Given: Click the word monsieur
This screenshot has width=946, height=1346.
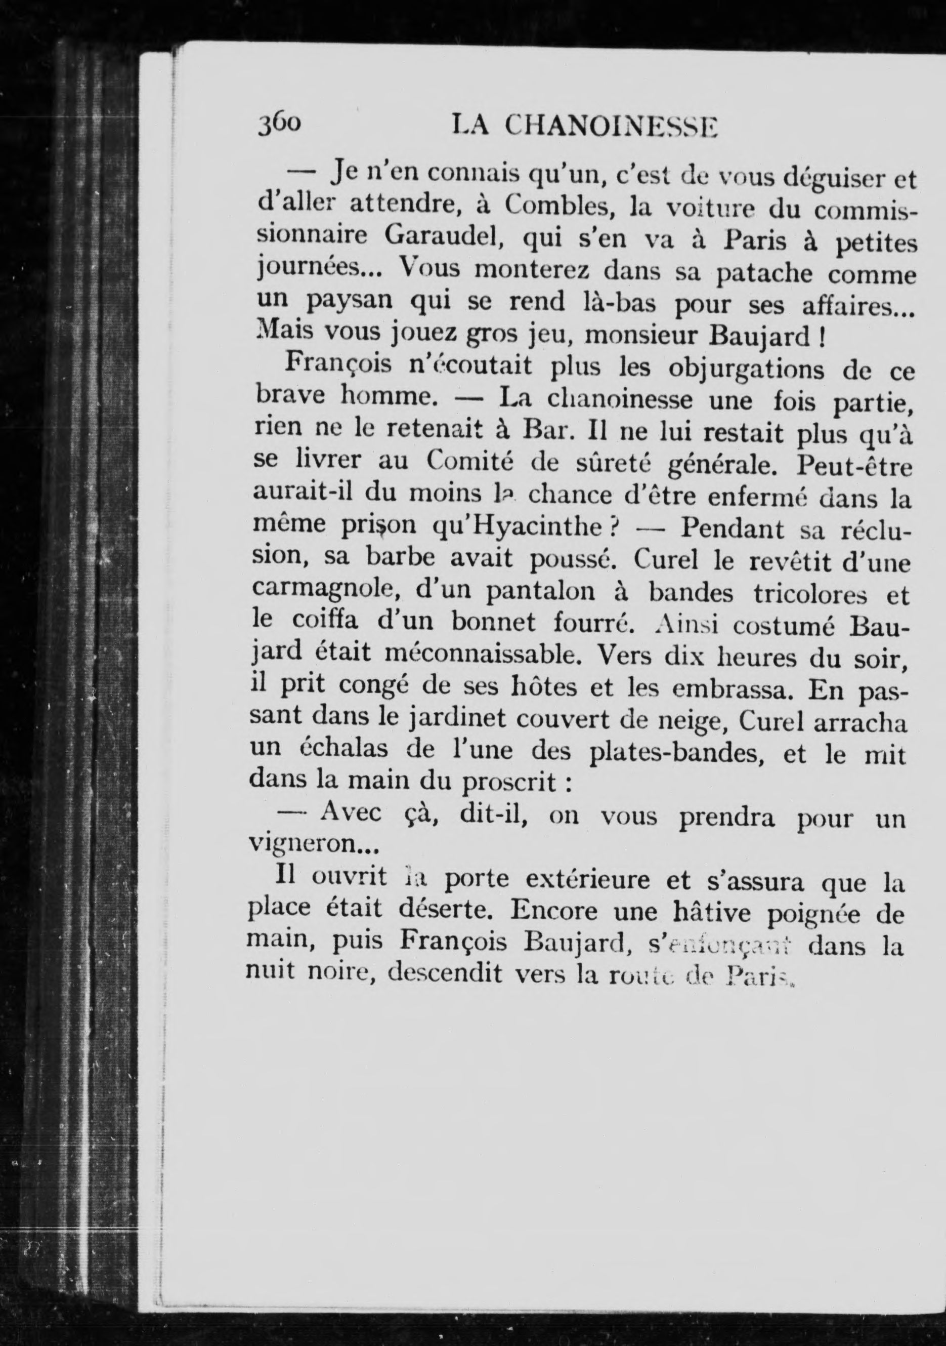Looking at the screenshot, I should point(642,337).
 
